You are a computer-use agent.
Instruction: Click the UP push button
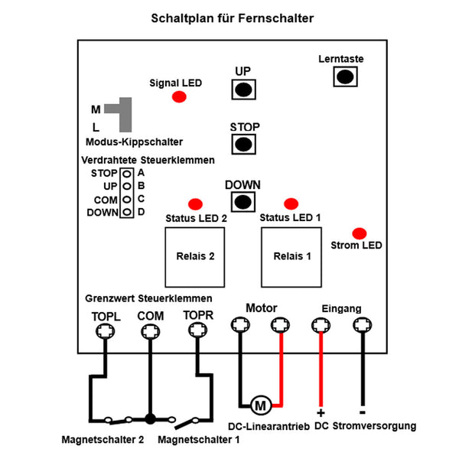pyautogui.click(x=243, y=90)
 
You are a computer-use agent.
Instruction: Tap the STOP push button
pyautogui.click(x=243, y=144)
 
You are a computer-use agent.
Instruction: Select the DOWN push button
pyautogui.click(x=243, y=202)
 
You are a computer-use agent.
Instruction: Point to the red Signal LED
pyautogui.click(x=179, y=96)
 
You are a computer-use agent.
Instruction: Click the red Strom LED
pyautogui.click(x=360, y=233)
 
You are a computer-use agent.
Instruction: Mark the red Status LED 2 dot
pyautogui.click(x=196, y=204)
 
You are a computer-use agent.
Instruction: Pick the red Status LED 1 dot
pyautogui.click(x=291, y=203)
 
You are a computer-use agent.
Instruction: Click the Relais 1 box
pyautogui.click(x=291, y=257)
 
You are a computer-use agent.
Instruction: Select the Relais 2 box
pyautogui.click(x=195, y=257)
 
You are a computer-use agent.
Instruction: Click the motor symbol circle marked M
pyautogui.click(x=261, y=405)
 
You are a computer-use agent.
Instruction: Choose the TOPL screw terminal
pyautogui.click(x=106, y=331)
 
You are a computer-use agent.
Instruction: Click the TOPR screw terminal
pyautogui.click(x=198, y=330)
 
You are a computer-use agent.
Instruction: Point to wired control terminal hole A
pyautogui.click(x=127, y=174)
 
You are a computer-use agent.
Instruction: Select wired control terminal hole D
pyautogui.click(x=127, y=212)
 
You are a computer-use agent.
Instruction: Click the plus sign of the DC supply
pyautogui.click(x=321, y=413)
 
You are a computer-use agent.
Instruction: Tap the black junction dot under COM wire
pyautogui.click(x=150, y=419)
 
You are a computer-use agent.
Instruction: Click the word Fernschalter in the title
pyautogui.click(x=275, y=18)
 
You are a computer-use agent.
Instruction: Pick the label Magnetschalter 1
pyautogui.click(x=198, y=439)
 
